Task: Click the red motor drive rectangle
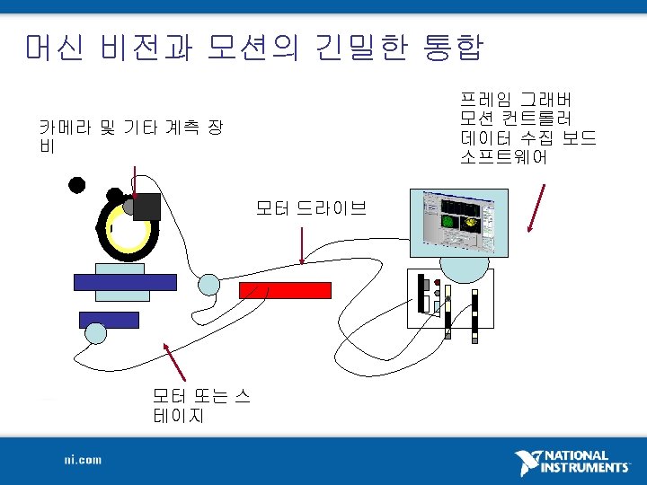(x=285, y=290)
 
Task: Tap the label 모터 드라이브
(x=311, y=209)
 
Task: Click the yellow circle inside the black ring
(x=126, y=228)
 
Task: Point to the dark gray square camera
(x=146, y=207)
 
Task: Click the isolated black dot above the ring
(x=77, y=186)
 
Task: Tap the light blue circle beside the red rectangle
(x=208, y=285)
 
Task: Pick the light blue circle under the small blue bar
(x=95, y=333)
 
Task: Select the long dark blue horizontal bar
(x=125, y=281)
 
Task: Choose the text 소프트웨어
(x=503, y=157)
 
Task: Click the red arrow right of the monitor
(x=537, y=207)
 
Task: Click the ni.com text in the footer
(x=83, y=460)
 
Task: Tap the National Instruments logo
(x=572, y=463)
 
